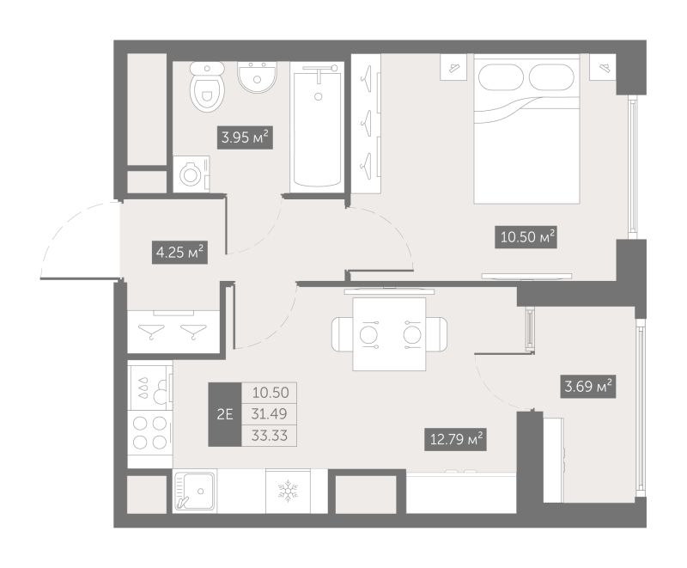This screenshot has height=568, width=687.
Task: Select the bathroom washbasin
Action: click(257, 76)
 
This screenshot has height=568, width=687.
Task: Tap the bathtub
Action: click(317, 127)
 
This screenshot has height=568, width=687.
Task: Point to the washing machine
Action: click(192, 174)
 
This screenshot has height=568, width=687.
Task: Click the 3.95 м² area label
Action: click(245, 137)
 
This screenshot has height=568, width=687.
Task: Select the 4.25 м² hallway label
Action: click(179, 253)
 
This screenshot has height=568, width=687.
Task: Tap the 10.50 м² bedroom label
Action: click(526, 237)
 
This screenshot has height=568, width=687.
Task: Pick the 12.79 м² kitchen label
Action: click(456, 439)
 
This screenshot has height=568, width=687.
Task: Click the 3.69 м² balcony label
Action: click(588, 387)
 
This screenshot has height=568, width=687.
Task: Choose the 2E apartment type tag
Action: click(225, 414)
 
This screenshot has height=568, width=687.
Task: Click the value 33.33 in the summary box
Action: click(269, 436)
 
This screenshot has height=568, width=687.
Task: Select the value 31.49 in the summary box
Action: click(269, 413)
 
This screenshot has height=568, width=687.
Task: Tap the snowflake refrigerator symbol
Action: click(288, 491)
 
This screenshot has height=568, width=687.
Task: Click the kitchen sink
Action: click(194, 491)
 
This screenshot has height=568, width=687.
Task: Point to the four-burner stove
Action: click(149, 433)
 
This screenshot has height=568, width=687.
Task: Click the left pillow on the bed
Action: click(501, 77)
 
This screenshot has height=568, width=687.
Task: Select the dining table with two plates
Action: click(390, 334)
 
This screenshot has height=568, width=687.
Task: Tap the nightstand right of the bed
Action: click(603, 67)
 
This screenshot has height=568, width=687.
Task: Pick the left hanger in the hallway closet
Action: click(151, 331)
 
